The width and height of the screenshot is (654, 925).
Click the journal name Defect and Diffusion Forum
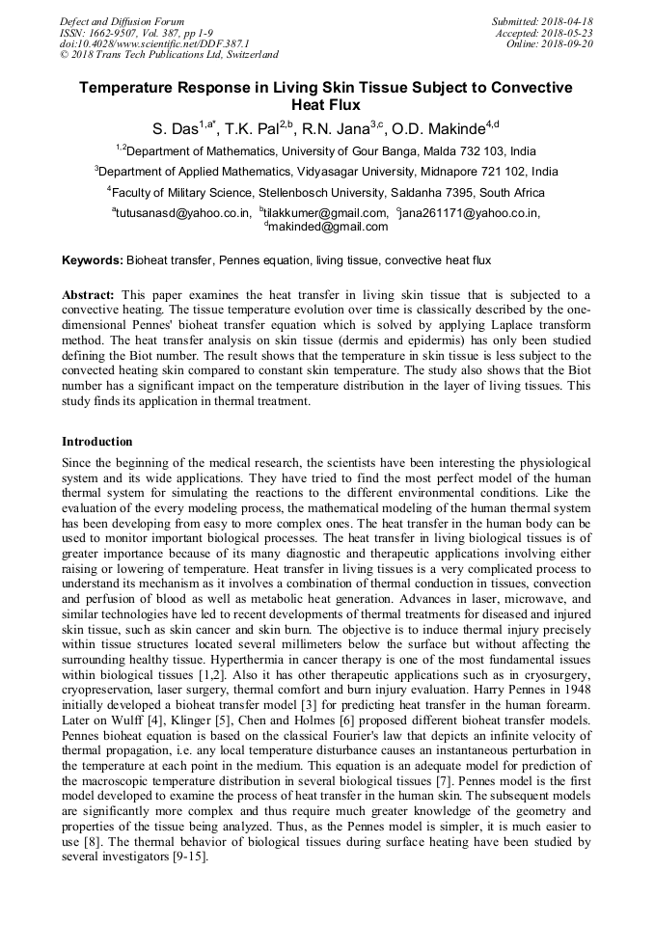(x=122, y=21)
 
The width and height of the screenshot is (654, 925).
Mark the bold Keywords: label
(x=93, y=261)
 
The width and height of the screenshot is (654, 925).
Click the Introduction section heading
(x=97, y=442)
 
